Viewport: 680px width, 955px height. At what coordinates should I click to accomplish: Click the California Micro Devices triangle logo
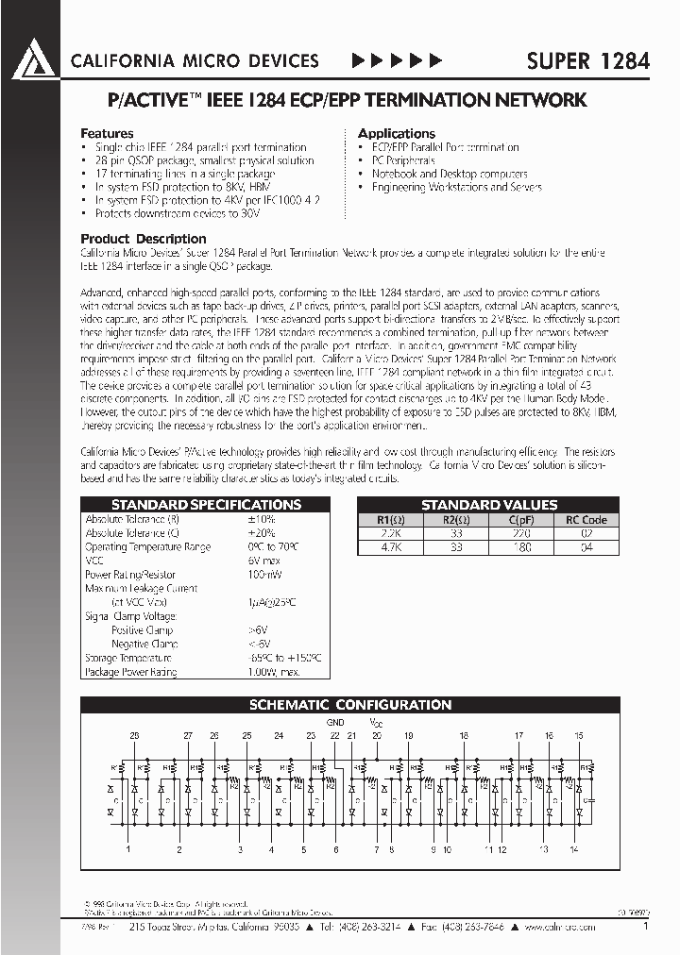tap(34, 60)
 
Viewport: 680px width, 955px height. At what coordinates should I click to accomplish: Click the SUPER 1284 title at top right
tap(586, 61)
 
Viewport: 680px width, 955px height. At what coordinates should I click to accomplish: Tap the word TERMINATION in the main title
tap(432, 100)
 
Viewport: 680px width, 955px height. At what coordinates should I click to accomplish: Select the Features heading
tap(107, 134)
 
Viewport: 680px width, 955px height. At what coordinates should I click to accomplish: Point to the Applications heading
tap(397, 134)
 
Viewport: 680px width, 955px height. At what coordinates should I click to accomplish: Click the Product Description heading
tap(144, 239)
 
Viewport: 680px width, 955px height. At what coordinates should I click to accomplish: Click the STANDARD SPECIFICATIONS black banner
tap(206, 505)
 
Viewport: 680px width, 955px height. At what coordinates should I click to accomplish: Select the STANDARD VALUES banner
tap(489, 505)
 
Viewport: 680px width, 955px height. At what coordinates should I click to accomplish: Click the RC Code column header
tap(586, 520)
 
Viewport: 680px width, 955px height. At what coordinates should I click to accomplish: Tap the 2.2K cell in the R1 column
tap(390, 533)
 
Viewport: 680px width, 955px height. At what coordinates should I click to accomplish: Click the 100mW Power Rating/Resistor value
tap(263, 575)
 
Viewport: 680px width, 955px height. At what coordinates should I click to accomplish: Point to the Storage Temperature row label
tap(127, 658)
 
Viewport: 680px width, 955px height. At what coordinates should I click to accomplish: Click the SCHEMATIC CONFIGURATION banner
tap(349, 705)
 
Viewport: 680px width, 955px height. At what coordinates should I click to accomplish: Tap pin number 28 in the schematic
tap(134, 735)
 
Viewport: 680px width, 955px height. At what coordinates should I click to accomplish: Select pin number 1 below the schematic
tap(128, 850)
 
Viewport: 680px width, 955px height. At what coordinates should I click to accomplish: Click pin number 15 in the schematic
tap(579, 735)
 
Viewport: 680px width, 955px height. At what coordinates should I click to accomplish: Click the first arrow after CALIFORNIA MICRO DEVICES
tap(359, 61)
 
